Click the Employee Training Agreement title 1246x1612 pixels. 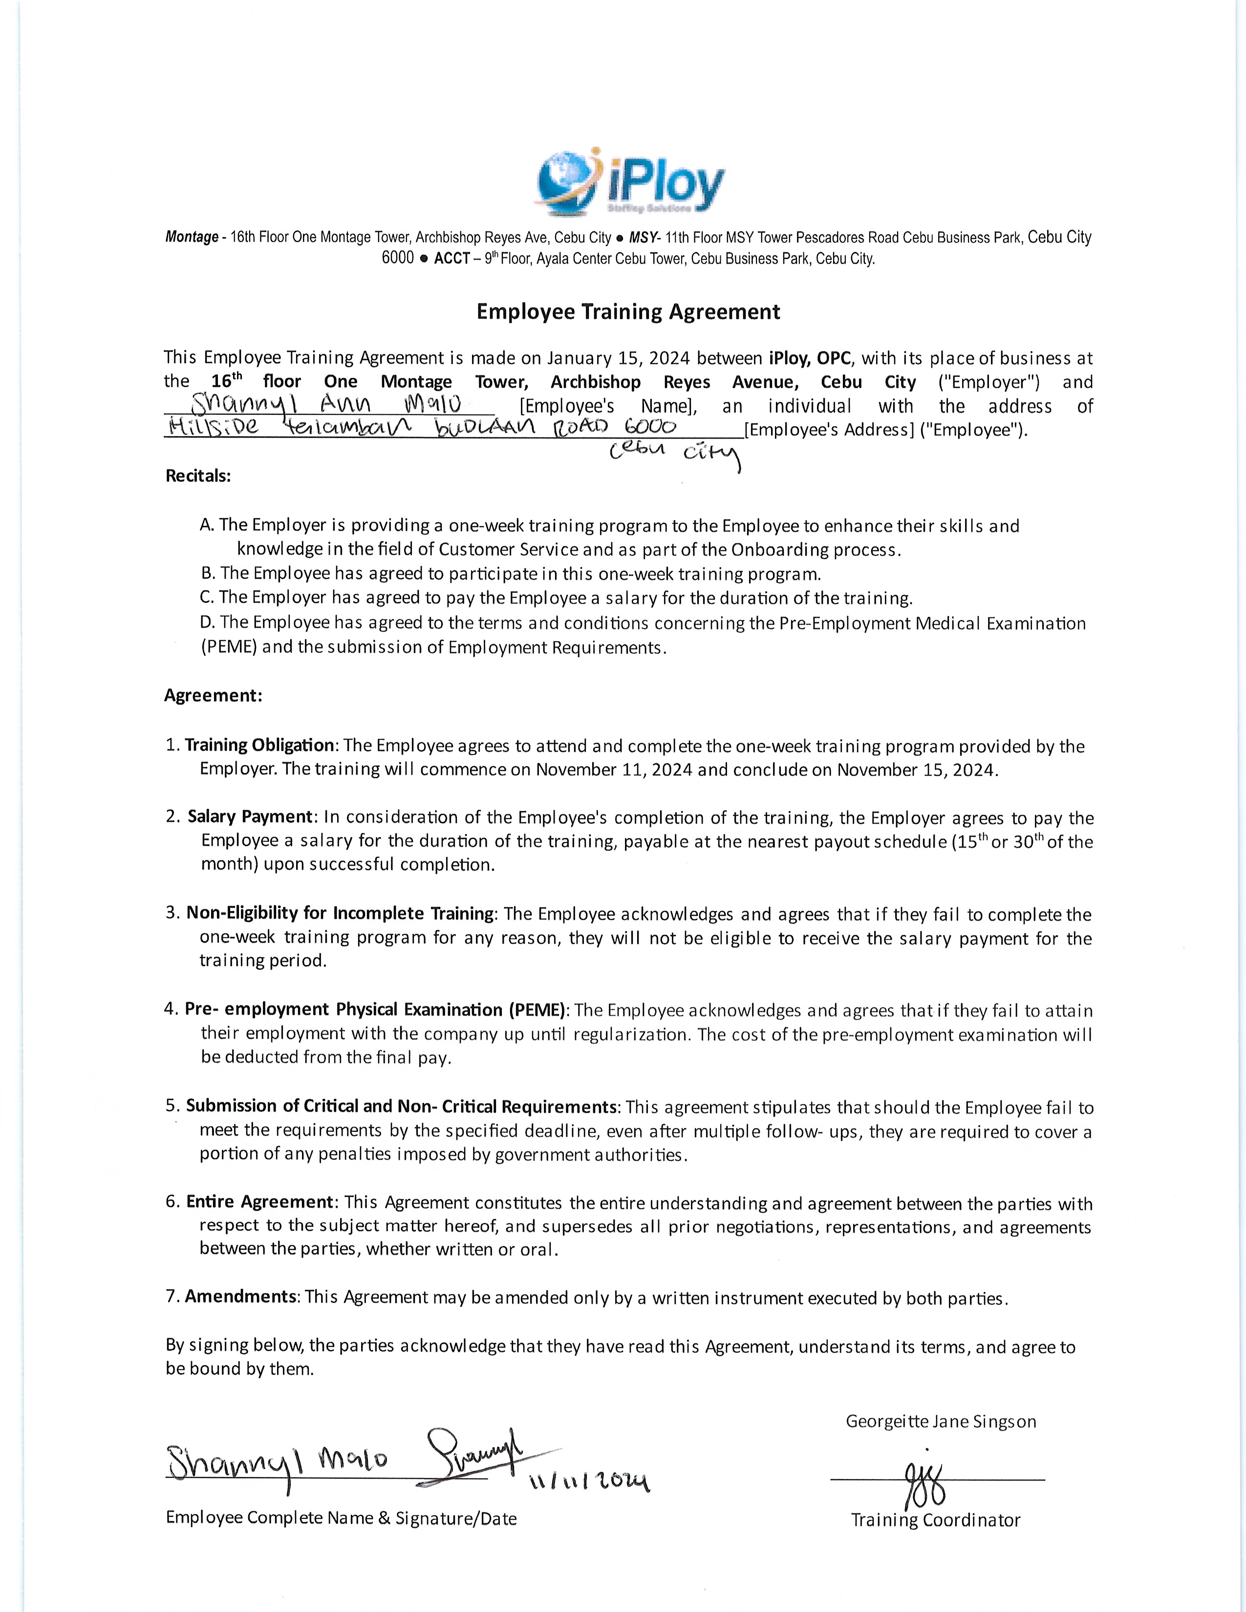tap(628, 312)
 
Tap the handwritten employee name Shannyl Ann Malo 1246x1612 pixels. tap(326, 405)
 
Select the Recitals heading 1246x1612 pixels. tap(198, 476)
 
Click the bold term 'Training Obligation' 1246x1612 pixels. tap(260, 745)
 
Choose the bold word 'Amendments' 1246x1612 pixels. tap(240, 1297)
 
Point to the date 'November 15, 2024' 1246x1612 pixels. tap(916, 770)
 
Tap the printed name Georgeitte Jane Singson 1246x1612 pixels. tap(941, 1421)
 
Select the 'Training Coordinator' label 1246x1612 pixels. tap(935, 1521)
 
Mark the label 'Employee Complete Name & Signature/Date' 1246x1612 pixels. tap(341, 1518)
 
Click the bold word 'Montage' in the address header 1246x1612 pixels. tap(191, 238)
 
